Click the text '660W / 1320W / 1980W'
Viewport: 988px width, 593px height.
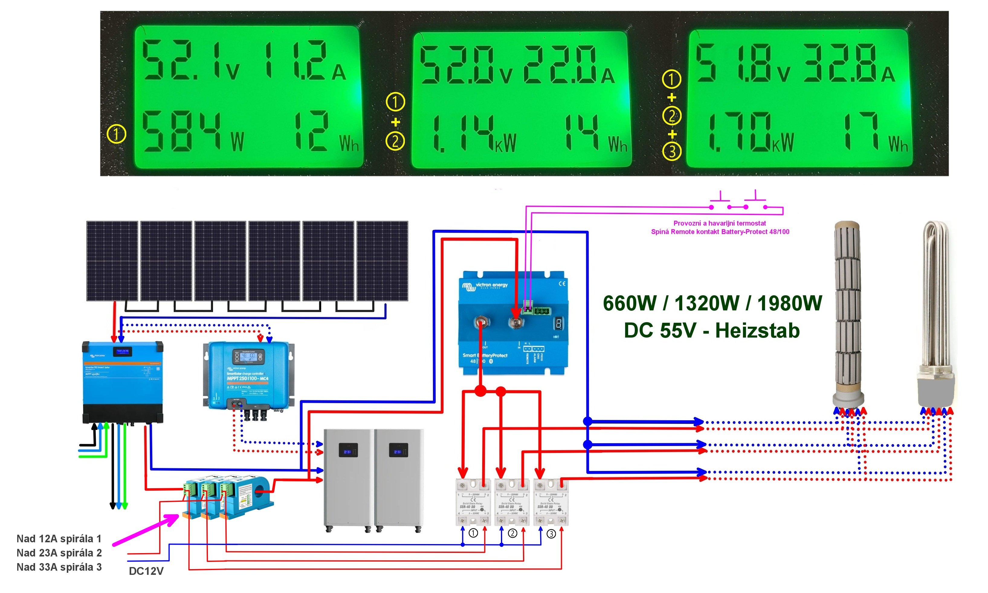click(712, 303)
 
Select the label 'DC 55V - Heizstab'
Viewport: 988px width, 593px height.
click(712, 331)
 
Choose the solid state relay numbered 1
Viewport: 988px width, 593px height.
click(473, 502)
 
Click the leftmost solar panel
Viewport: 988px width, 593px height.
click(112, 261)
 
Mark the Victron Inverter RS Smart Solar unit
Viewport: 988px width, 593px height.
click(122, 382)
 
